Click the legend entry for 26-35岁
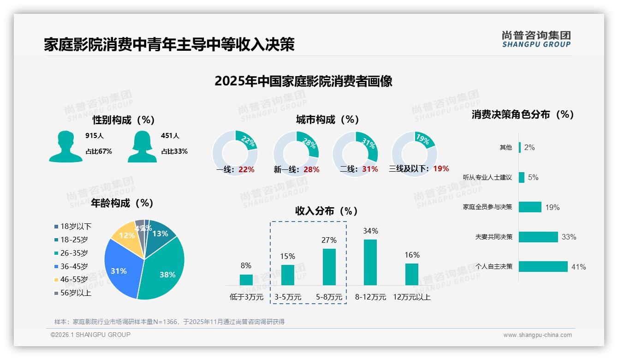point(74,253)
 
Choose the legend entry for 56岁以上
point(75,293)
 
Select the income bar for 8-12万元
point(370,262)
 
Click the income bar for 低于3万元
point(246,280)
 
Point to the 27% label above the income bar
point(329,240)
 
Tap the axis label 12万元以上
point(412,297)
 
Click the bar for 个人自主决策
point(543,267)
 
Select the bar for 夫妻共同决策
point(538,237)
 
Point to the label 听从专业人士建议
point(487,178)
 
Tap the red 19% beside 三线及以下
point(441,168)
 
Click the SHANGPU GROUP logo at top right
point(536,39)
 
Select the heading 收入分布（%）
point(327,211)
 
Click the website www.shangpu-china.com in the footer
point(537,335)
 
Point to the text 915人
point(95,136)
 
